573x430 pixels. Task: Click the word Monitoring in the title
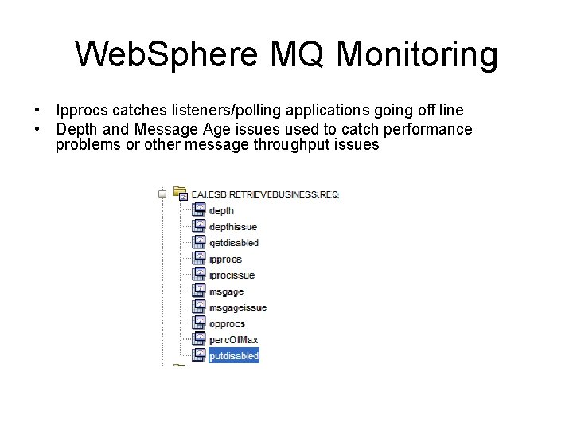[418, 54]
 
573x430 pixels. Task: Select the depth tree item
[221, 211]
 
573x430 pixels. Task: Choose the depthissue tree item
[232, 227]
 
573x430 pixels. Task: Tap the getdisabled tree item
[233, 243]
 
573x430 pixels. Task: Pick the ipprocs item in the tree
[225, 260]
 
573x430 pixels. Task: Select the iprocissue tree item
[232, 276]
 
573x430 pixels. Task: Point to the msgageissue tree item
[237, 308]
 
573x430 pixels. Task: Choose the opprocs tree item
[227, 324]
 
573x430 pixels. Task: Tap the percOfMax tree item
[233, 340]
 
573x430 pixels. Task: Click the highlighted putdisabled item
[234, 356]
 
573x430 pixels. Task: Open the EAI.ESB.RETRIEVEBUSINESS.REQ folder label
[265, 194]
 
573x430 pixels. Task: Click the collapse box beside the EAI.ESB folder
[162, 193]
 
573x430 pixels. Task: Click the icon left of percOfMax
[199, 339]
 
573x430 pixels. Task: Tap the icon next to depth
[199, 210]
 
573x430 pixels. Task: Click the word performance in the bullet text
[429, 129]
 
